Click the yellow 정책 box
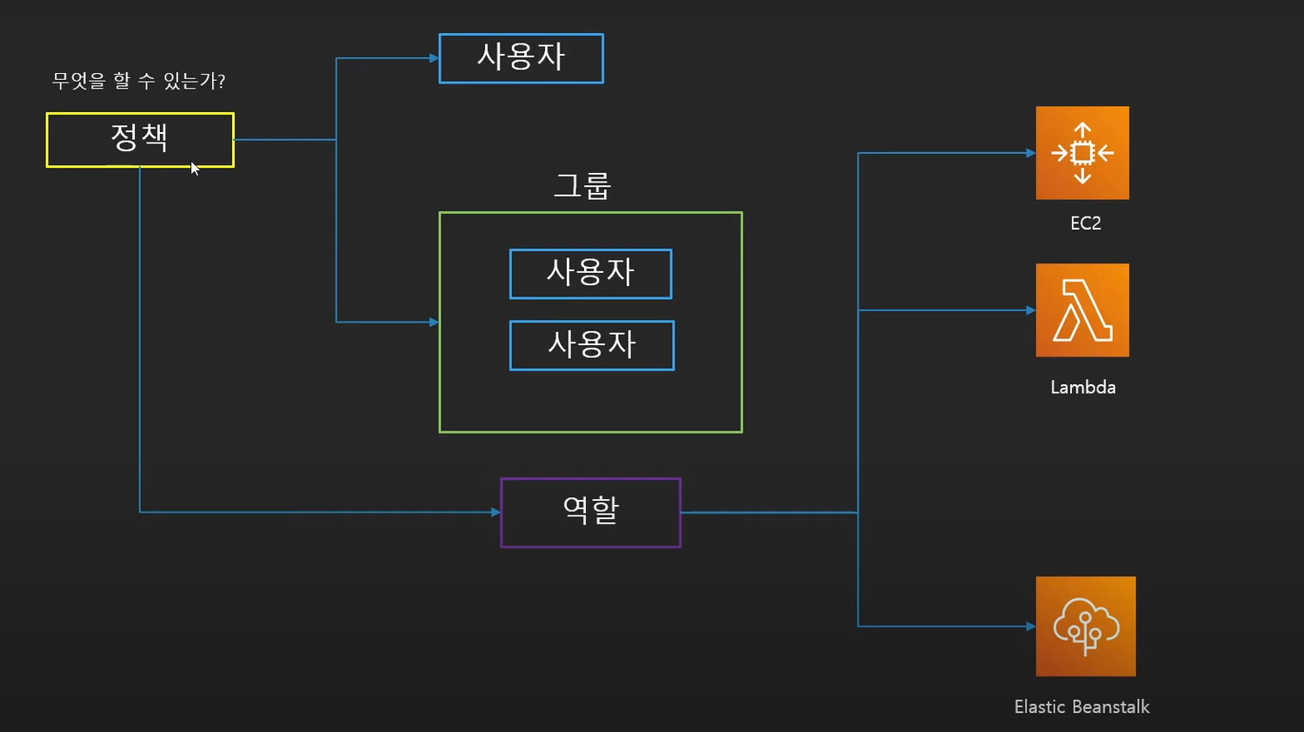click(x=140, y=140)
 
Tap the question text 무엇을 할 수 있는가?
click(x=138, y=80)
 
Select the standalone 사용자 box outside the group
click(x=521, y=58)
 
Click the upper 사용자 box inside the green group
click(x=591, y=274)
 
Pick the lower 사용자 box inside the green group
click(x=592, y=345)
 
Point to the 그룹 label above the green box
click(x=582, y=186)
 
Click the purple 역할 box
click(x=591, y=512)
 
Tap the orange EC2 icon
click(x=1082, y=153)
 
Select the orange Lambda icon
click(x=1082, y=309)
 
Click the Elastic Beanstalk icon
click(x=1086, y=626)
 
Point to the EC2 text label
click(x=1086, y=223)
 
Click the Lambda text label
click(x=1083, y=387)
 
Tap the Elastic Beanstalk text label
click(x=1081, y=707)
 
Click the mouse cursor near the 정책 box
click(x=195, y=169)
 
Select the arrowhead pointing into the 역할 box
click(x=496, y=512)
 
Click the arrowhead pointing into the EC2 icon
click(x=1030, y=153)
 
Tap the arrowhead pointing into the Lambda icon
click(x=1030, y=310)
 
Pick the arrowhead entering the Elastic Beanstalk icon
click(x=1030, y=627)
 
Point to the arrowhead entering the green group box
click(x=434, y=322)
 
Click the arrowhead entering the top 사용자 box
click(x=434, y=58)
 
